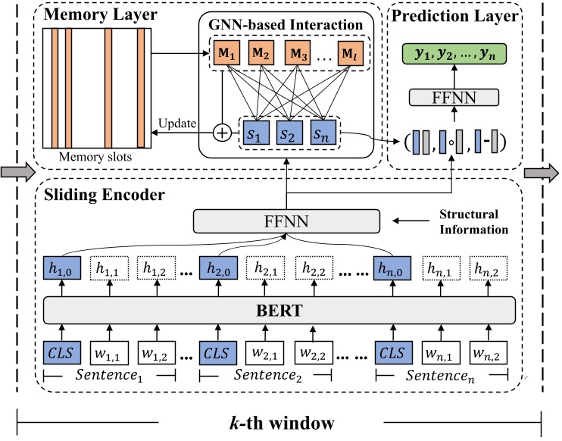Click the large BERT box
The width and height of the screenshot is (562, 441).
[x=279, y=311]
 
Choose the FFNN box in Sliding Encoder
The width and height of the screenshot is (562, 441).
[x=279, y=220]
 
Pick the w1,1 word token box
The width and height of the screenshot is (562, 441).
[x=111, y=353]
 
